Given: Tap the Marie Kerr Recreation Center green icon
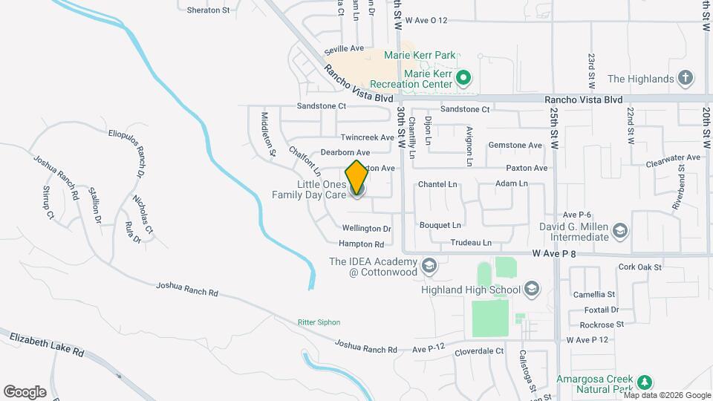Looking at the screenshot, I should pos(464,76).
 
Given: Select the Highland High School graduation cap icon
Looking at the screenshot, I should pos(531,288).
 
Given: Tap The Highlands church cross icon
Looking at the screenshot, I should pos(686,78).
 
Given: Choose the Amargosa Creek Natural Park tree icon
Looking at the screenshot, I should pos(645,382).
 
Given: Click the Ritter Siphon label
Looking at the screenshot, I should pos(319,322).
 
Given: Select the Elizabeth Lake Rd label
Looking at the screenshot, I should pos(48,346).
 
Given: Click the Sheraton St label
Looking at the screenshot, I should pos(208,10).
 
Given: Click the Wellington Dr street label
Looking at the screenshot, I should pos(366,229).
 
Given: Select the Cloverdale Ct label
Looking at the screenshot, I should pos(479,351).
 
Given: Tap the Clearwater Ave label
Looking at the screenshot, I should pos(673,157).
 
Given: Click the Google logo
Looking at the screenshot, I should pos(25,391).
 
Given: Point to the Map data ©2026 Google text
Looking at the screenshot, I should pos(665,395).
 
